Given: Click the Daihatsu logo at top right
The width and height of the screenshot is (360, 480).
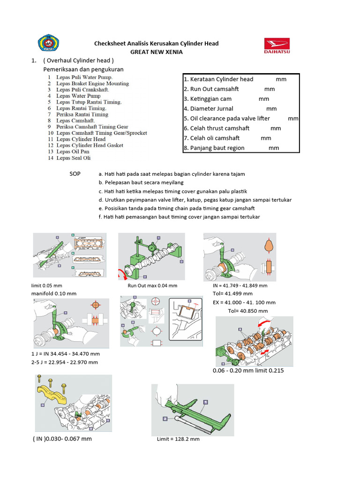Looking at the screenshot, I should click(x=277, y=47).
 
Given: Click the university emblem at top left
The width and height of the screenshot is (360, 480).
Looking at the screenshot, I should click(x=48, y=45).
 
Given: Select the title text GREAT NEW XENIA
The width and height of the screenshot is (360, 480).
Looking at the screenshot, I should click(x=156, y=52).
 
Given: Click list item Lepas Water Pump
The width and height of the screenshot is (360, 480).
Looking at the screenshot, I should click(x=78, y=96).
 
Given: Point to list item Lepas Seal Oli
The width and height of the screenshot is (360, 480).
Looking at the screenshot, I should click(x=73, y=158).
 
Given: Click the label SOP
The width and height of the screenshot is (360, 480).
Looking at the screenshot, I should click(x=75, y=174).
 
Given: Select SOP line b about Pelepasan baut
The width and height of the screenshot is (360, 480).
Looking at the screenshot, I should click(x=141, y=182).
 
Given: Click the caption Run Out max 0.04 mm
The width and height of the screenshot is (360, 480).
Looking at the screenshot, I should click(x=152, y=285).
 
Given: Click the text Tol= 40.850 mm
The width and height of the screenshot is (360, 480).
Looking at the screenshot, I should click(x=247, y=311).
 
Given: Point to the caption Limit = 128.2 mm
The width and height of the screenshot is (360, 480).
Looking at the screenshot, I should click(x=178, y=439).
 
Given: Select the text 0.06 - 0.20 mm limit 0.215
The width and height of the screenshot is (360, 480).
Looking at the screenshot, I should click(x=248, y=370).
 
